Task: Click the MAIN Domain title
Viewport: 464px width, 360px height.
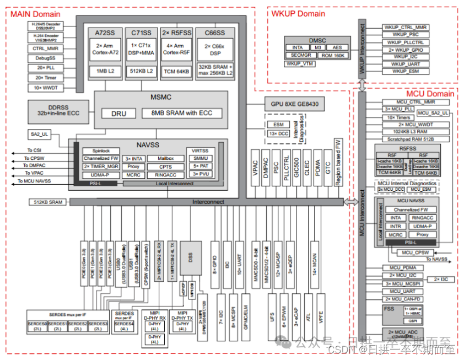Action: (x=34, y=13)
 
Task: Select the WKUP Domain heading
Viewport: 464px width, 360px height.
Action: (x=298, y=13)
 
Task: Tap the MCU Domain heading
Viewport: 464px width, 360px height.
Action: (x=429, y=93)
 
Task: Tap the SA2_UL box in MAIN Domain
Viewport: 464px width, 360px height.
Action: (x=39, y=134)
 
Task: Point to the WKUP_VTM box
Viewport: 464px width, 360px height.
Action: (x=300, y=64)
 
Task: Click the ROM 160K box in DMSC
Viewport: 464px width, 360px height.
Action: (x=333, y=55)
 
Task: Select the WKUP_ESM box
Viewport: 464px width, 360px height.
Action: (x=406, y=71)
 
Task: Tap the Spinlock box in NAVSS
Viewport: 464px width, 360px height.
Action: (x=101, y=151)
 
